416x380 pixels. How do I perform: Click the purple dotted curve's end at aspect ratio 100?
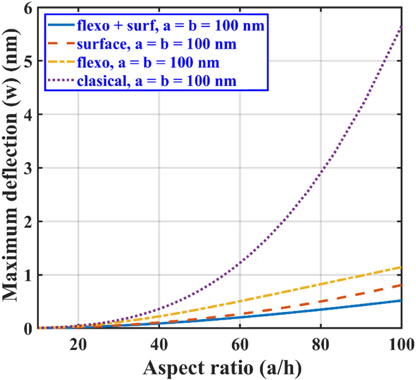point(401,26)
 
